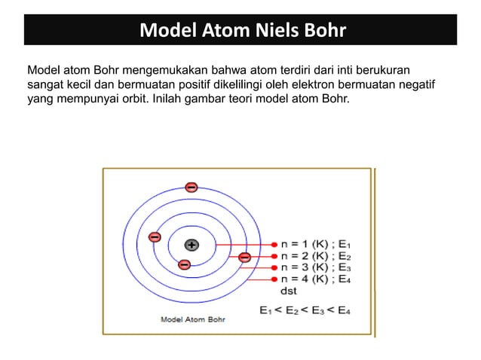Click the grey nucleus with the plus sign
191,245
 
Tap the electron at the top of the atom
191,186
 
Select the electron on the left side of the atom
155,236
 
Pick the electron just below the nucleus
183,264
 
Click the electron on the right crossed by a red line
244,258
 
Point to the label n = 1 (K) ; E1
315,245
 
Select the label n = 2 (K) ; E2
315,256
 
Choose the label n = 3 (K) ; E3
315,267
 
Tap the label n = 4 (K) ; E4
315,279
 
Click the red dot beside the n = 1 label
274,245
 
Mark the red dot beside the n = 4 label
274,279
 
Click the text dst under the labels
289,290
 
